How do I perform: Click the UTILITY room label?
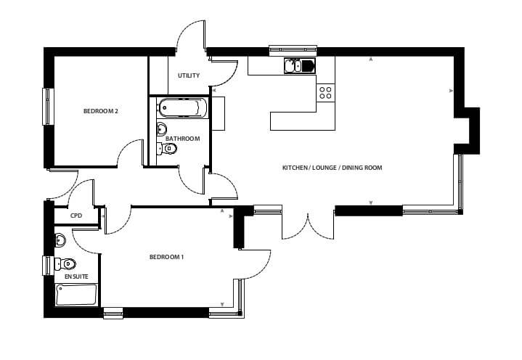(189, 75)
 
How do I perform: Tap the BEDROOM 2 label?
(100, 111)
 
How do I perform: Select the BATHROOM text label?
(183, 139)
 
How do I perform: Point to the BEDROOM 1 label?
(166, 257)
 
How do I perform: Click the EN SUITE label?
(76, 277)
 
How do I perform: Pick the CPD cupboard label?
(76, 216)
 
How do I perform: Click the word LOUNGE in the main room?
(325, 168)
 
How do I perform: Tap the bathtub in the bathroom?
(182, 108)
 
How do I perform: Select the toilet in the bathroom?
(167, 148)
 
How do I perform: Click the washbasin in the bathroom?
(162, 128)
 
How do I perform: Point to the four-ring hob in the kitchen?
(325, 93)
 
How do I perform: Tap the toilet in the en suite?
(65, 264)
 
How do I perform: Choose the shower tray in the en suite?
(76, 295)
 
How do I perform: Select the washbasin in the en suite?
(60, 240)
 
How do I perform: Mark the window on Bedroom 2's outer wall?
(48, 107)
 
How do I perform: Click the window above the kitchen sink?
(293, 50)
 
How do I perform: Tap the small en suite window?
(48, 265)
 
